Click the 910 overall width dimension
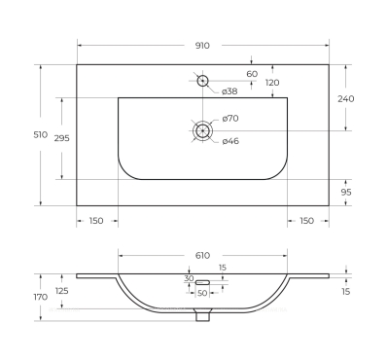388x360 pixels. click(x=202, y=46)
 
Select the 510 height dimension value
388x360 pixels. click(x=41, y=134)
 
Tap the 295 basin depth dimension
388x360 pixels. click(x=61, y=138)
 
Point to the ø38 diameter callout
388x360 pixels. click(x=229, y=91)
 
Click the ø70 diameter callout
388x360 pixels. click(x=230, y=119)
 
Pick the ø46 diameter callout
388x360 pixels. click(x=230, y=141)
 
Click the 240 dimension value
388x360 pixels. click(x=346, y=98)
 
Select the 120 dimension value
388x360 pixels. click(x=272, y=83)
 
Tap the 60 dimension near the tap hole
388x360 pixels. click(x=252, y=74)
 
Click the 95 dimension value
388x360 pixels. click(x=346, y=193)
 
